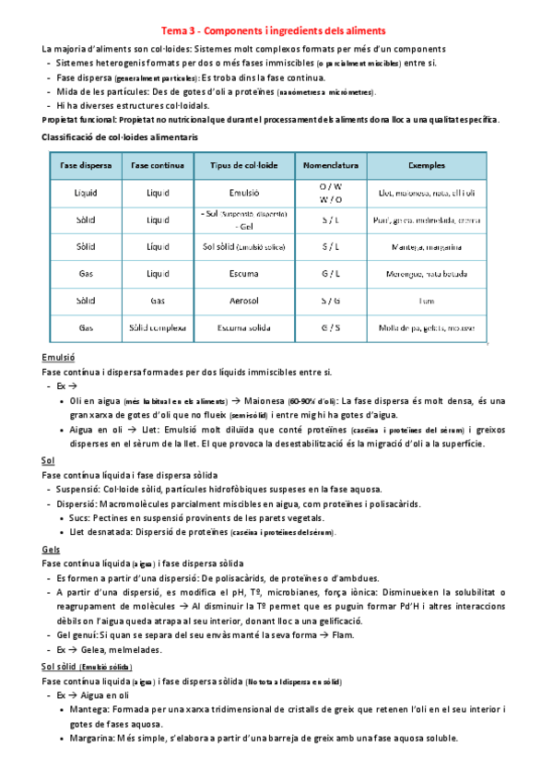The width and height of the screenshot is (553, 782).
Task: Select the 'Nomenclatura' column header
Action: coord(329,165)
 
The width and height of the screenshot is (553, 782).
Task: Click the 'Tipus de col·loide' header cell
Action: coord(244,165)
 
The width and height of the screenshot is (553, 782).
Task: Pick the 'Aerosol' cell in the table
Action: coord(244,301)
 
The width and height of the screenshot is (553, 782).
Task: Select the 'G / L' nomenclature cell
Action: coord(329,274)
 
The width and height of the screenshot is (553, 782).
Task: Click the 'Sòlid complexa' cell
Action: coord(159,327)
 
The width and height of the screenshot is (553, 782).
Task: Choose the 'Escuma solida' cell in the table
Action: coord(244,327)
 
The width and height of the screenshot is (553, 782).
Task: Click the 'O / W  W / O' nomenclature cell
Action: coord(329,193)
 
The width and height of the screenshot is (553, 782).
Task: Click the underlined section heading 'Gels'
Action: coord(52,549)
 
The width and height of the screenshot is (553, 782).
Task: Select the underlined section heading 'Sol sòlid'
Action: coord(60,666)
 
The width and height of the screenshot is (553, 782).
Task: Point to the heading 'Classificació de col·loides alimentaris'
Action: coord(119,136)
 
